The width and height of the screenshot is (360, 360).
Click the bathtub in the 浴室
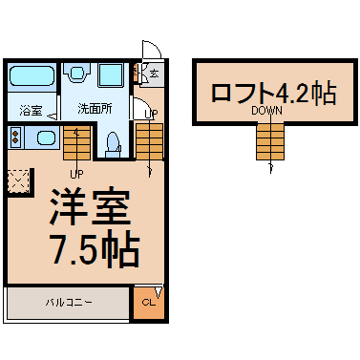tap(32, 75)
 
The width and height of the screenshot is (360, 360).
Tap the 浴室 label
tap(31, 111)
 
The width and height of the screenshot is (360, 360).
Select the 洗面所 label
tap(95, 109)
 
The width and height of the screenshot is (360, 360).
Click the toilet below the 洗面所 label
tap(113, 145)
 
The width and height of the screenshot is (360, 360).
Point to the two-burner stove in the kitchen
tap(15, 137)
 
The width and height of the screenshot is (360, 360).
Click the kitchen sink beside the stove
tap(46, 138)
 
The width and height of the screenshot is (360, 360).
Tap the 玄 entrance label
tap(154, 74)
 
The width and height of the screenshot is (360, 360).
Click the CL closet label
tap(148, 302)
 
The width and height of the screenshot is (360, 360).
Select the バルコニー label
tap(69, 302)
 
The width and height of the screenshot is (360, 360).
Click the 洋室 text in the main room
tap(90, 207)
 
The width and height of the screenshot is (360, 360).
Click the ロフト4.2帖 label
tap(274, 92)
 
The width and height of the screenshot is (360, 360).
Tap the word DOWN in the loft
tap(266, 111)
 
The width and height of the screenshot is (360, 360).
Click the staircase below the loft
tap(270, 141)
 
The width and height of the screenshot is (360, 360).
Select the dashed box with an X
tap(18, 181)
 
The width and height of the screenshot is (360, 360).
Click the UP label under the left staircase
tap(76, 174)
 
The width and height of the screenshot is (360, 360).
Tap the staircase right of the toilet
tap(149, 141)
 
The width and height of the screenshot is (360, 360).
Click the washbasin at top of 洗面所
tap(76, 74)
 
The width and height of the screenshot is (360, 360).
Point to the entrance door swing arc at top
tap(157, 46)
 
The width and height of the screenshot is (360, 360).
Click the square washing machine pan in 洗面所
tap(110, 75)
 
